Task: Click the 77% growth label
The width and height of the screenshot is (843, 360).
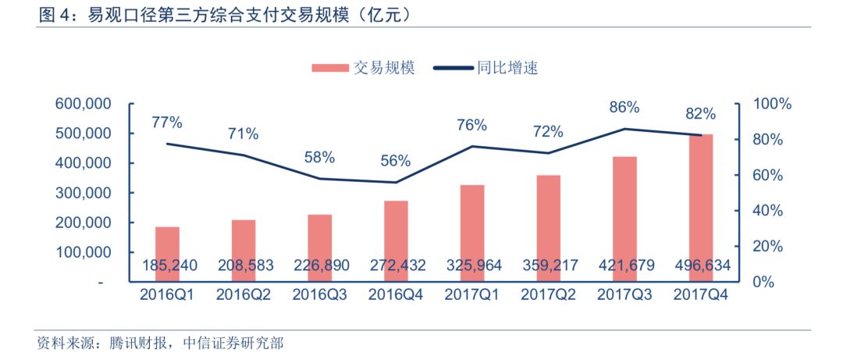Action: coord(167,123)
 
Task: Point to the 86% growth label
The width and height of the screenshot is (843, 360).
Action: coord(624,107)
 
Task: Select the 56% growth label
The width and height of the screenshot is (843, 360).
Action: coord(396,161)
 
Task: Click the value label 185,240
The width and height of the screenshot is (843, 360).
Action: coord(167,266)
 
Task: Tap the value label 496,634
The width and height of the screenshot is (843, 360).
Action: coord(699,266)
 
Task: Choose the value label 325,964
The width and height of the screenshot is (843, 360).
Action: coord(471,266)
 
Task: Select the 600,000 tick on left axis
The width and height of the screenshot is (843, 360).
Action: coord(82,104)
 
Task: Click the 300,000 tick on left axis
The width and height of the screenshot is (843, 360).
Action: coord(82,193)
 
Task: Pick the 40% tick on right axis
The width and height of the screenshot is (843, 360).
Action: coord(768,211)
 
